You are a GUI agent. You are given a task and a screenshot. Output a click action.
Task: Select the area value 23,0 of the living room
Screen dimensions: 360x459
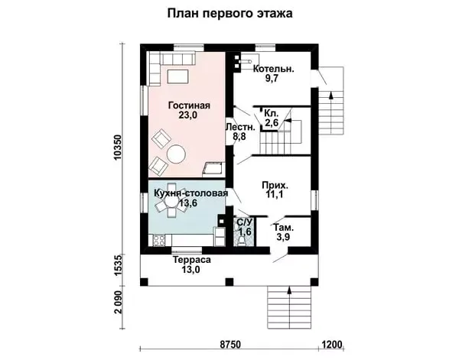(x=188, y=116)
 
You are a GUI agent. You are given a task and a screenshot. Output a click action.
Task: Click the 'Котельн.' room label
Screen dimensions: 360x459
(x=273, y=68)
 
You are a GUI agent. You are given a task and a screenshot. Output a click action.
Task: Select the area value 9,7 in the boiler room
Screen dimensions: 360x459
(x=272, y=79)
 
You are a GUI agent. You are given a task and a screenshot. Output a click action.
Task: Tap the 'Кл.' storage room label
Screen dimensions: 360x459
(x=271, y=112)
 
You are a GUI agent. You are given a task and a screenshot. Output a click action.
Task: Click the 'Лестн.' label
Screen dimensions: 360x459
(x=239, y=128)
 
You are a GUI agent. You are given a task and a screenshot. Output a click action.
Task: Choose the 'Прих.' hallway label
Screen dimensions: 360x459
(x=275, y=186)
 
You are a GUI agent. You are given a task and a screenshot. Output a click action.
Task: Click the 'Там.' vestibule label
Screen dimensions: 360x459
(x=283, y=229)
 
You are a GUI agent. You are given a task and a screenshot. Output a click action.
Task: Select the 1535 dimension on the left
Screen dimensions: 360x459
(x=117, y=268)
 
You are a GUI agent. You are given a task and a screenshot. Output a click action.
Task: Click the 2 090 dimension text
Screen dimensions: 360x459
(x=117, y=309)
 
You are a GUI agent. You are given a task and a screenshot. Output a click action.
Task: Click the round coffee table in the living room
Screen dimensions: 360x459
(x=177, y=154)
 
